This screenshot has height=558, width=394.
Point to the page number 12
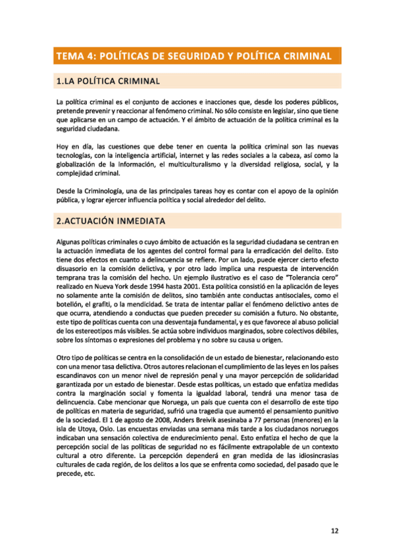[334, 530]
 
